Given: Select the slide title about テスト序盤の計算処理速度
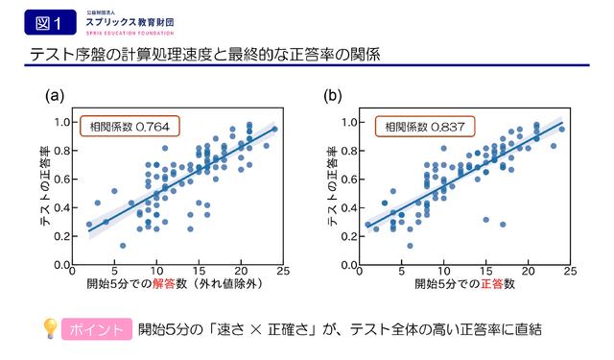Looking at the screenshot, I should [x=202, y=54].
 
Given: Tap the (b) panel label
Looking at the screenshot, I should [x=333, y=95].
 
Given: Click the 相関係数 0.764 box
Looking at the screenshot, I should [x=130, y=126].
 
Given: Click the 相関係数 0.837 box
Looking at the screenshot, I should [x=406, y=126].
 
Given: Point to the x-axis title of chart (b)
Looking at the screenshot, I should [x=452, y=286].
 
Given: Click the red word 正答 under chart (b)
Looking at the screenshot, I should [x=464, y=286].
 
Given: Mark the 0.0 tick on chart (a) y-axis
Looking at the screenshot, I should [x=63, y=264].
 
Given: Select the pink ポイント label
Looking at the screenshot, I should [x=96, y=330].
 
